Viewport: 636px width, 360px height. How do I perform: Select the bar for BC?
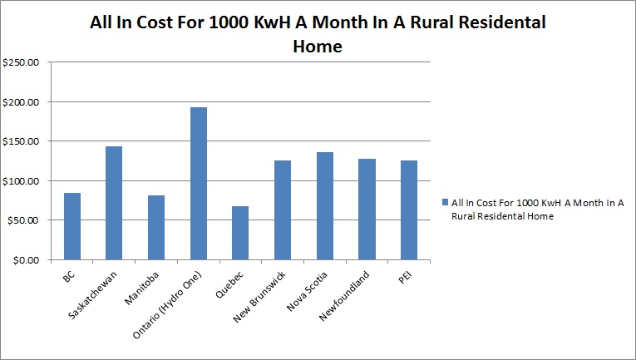pos(72,226)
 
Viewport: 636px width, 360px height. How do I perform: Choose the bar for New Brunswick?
pos(283,210)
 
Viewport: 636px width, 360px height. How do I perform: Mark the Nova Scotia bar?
pos(324,206)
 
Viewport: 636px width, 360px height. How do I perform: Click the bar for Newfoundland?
pos(367,209)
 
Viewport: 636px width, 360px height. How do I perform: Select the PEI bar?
pos(408,210)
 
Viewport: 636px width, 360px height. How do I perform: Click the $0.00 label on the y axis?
pos(26,260)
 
